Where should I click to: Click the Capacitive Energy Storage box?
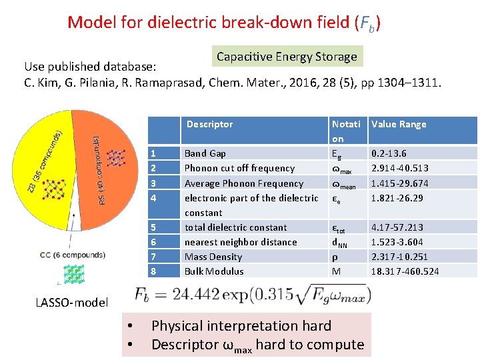[x=287, y=57]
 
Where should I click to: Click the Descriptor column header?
[x=209, y=124]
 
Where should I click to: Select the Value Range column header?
[x=399, y=124]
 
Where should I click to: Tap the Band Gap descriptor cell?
[x=205, y=153]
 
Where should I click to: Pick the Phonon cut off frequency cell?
[x=239, y=168]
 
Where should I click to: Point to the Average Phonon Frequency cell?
[x=243, y=183]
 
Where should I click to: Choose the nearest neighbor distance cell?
[x=241, y=242]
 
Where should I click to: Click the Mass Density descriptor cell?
[x=213, y=257]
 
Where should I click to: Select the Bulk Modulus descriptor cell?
[x=214, y=271]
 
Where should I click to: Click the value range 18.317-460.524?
[x=405, y=271]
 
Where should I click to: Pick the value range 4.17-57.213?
[x=397, y=227]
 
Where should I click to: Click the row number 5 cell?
[x=153, y=227]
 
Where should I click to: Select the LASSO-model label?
[x=71, y=303]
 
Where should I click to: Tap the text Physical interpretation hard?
[x=241, y=326]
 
